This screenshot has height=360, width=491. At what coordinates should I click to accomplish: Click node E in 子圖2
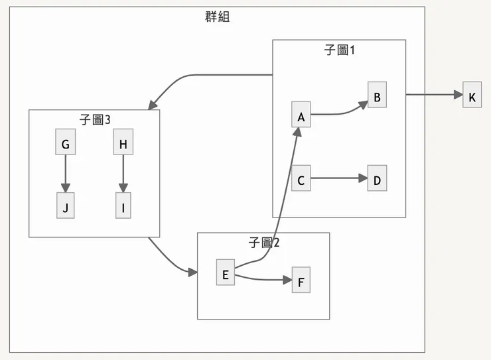226,273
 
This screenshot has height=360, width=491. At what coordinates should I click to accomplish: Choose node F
301,280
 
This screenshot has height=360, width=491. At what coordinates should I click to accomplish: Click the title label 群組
217,17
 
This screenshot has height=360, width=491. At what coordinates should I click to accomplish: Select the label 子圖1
339,50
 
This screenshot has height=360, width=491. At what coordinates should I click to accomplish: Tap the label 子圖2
263,243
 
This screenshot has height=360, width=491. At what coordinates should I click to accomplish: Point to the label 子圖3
94,120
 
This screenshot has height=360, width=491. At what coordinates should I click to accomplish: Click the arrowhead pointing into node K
458,95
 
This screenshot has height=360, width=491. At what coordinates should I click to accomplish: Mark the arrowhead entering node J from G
65,188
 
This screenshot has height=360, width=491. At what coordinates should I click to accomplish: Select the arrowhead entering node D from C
363,178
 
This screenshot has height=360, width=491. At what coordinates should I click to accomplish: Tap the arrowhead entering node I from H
123,188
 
